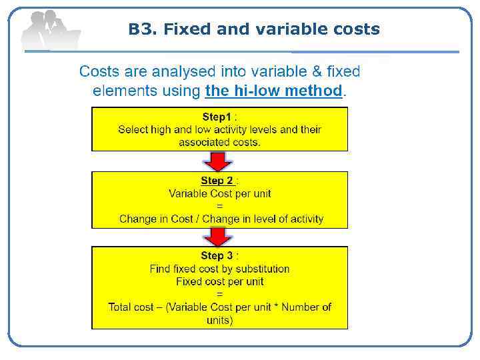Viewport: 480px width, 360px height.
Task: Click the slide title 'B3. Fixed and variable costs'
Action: (x=254, y=29)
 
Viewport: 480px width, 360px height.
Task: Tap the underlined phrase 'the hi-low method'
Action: (x=273, y=91)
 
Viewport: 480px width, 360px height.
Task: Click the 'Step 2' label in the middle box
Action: (x=217, y=181)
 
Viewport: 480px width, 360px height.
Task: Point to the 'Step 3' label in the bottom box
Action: (x=217, y=256)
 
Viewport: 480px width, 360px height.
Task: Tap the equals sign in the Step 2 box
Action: (x=220, y=206)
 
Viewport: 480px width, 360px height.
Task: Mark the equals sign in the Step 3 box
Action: (x=220, y=294)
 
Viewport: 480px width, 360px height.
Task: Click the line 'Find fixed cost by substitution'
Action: (x=219, y=269)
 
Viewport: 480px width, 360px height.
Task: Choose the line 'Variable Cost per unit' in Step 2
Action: (x=219, y=193)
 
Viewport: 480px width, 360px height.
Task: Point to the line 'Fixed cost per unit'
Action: (x=219, y=281)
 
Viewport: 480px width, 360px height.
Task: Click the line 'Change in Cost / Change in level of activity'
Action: (x=221, y=219)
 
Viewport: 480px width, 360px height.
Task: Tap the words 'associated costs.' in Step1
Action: (x=219, y=142)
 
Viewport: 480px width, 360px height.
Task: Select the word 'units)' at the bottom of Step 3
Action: (x=219, y=320)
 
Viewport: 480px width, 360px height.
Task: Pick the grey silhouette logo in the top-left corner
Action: (x=50, y=30)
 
